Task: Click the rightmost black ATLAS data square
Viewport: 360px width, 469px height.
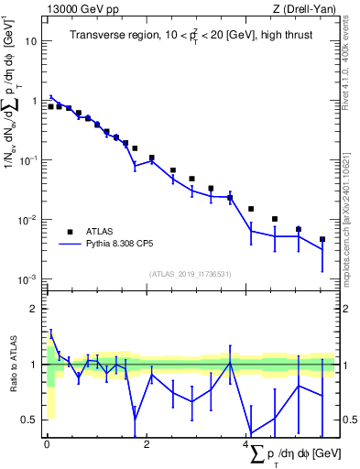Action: coord(322,240)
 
